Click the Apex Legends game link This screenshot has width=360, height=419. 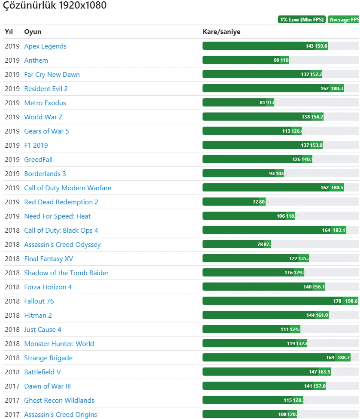pos(45,46)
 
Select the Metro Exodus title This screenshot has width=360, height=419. pos(45,103)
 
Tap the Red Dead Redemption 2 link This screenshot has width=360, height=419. pos(61,202)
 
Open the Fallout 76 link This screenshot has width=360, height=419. pos(39,301)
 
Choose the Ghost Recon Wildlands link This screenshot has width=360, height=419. pos(59,401)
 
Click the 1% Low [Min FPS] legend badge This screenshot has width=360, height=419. pos(302,20)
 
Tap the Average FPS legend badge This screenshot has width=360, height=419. pos(344,20)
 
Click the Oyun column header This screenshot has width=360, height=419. pos(33,32)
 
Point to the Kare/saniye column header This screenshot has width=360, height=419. pos(221,32)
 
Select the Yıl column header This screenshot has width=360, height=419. pos(9,32)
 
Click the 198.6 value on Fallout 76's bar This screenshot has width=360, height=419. pos(351,301)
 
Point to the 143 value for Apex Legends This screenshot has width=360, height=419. pos(310,46)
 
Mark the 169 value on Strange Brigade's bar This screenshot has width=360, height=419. pos(330,358)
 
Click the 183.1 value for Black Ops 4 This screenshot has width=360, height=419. pos(339,231)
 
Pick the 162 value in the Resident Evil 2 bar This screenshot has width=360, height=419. pos(324,89)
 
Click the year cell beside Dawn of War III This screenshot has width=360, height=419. pos(12,386)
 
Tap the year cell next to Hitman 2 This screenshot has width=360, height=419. pos(12,316)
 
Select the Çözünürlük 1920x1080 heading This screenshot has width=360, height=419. pos(55,6)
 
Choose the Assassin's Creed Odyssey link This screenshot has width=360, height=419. pos(62,245)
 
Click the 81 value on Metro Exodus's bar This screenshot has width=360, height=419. pos(262,103)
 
